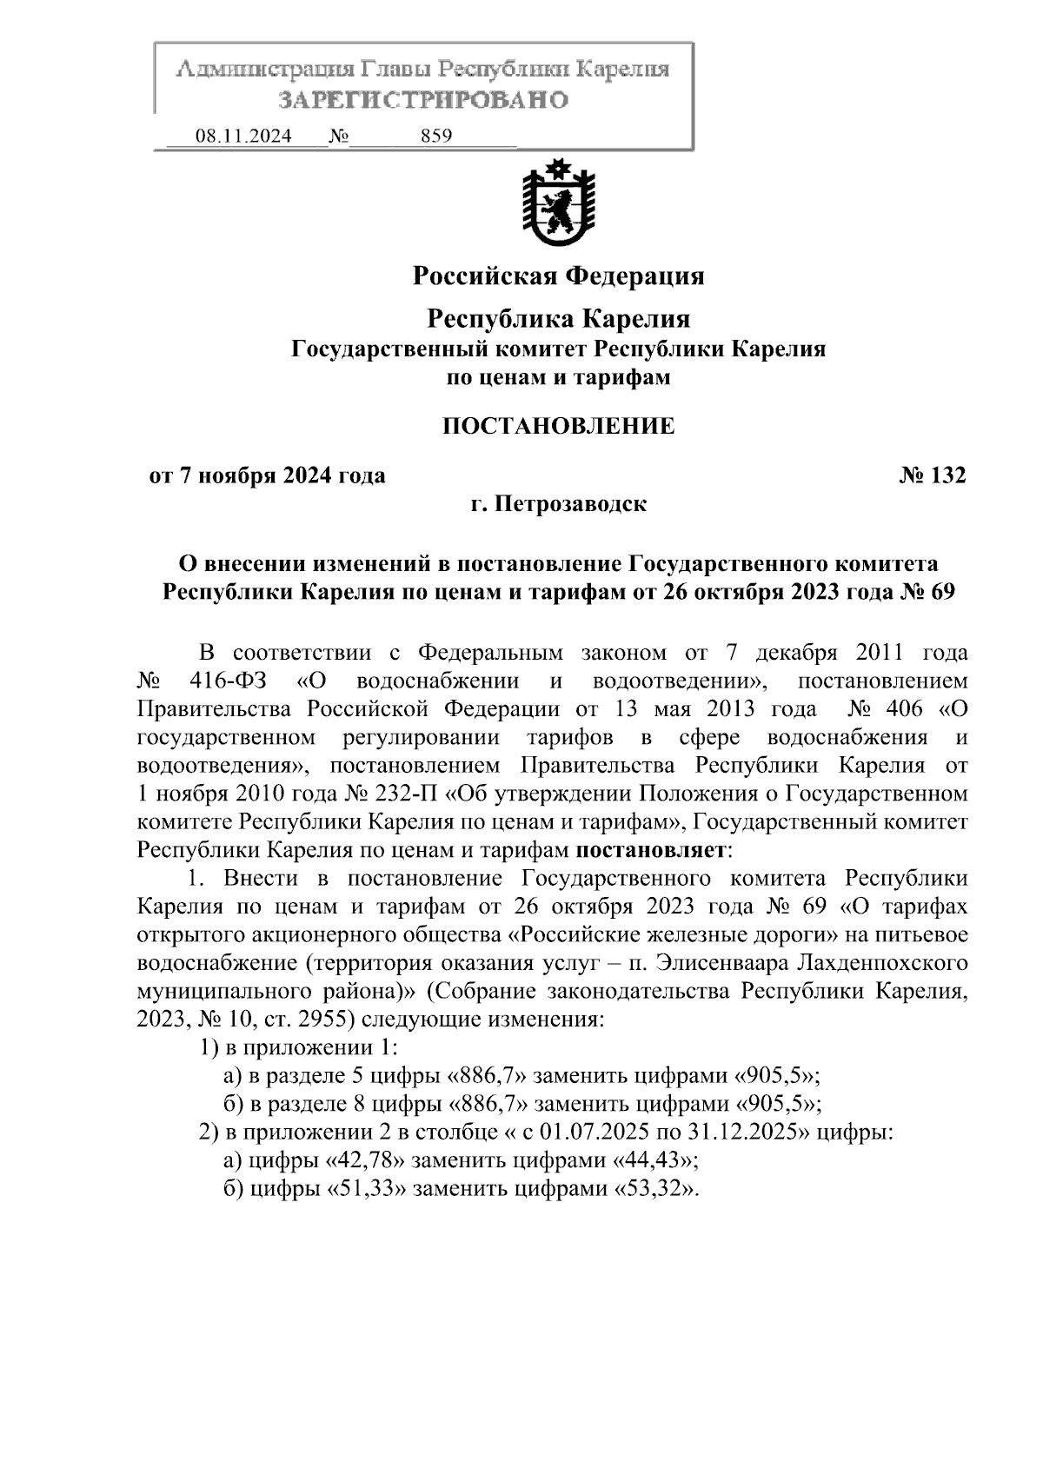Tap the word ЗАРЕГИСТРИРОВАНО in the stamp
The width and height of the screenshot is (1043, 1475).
click(423, 100)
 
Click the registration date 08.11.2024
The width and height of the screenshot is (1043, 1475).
click(243, 136)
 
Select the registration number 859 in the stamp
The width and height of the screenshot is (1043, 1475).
click(436, 136)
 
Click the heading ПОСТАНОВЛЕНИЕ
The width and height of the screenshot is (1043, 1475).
click(558, 426)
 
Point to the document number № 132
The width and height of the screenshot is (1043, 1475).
click(932, 475)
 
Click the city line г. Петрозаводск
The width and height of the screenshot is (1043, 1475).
click(558, 504)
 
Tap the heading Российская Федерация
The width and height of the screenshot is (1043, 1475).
click(558, 276)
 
